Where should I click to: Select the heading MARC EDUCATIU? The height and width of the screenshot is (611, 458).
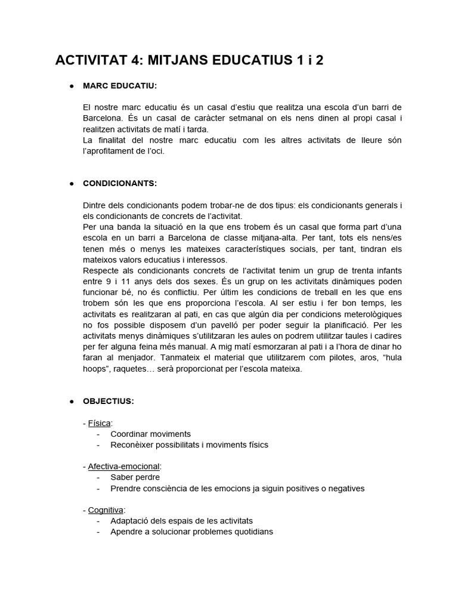click(x=120, y=86)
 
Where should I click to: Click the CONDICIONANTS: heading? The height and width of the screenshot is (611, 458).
click(x=120, y=183)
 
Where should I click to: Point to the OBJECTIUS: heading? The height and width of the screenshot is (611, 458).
click(x=109, y=401)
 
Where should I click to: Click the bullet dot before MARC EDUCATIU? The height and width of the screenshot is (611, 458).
click(x=71, y=86)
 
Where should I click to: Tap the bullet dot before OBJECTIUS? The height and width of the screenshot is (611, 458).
click(x=71, y=401)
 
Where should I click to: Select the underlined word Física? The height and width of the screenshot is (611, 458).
click(x=100, y=423)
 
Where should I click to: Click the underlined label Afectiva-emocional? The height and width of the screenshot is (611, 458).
click(x=125, y=466)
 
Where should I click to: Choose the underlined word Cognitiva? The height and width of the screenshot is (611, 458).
click(x=106, y=510)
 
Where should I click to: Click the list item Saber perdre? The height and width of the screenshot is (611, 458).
click(x=135, y=477)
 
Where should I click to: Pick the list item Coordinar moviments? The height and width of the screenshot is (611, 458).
click(x=150, y=434)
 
